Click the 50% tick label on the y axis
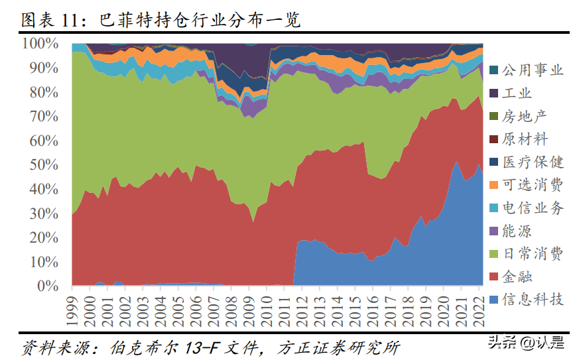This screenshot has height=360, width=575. coord(44,165)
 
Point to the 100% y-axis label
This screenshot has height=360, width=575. coord(40,43)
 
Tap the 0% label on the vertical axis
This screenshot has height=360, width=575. coord(48,286)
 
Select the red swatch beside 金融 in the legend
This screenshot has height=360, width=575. coord(493,276)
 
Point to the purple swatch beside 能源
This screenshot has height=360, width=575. coord(493,231)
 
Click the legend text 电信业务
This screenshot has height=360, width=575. coord(533,208)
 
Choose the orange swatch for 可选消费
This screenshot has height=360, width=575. coord(493,185)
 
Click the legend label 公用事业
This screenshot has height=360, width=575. coord(533,70)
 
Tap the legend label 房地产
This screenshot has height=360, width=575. coord(525,116)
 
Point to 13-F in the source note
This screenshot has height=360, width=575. coord(203,347)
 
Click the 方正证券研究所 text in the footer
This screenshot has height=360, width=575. coord(338,347)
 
